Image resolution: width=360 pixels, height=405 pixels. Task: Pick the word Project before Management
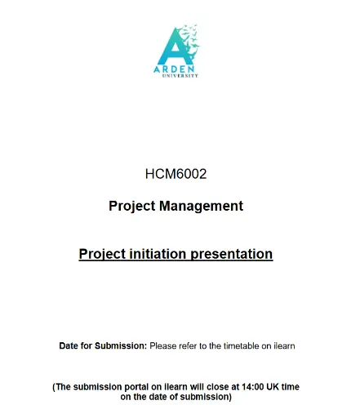pos(132,206)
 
